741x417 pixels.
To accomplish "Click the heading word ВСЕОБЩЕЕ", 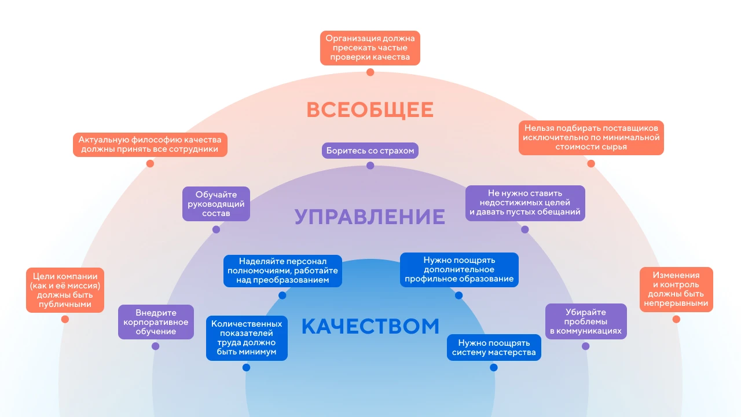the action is click(370, 110).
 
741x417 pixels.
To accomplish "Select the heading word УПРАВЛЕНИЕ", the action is click(370, 217).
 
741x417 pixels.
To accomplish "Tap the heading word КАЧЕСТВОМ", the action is click(370, 326).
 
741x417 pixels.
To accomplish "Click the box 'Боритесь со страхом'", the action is click(370, 151).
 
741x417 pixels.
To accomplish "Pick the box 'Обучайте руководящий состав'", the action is click(216, 204).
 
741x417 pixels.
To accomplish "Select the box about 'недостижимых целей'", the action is click(525, 203).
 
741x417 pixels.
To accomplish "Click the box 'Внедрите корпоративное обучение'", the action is click(156, 322).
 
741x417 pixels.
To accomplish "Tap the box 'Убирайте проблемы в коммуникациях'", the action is click(586, 321).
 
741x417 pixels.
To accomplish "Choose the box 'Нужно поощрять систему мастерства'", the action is click(494, 348).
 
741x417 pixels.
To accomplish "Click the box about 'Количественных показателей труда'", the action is click(247, 338).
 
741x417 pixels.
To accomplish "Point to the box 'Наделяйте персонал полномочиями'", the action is click(283, 270).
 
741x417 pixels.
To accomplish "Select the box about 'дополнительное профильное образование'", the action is click(459, 270).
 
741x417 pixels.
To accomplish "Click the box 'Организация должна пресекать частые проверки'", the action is click(370, 47).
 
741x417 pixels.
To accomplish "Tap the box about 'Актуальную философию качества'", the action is click(150, 145).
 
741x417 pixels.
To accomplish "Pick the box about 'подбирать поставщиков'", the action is click(591, 138).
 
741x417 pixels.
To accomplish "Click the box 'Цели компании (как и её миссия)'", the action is click(65, 290).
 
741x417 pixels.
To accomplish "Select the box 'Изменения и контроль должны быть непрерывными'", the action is click(676, 289).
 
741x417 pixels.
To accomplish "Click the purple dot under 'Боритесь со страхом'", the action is click(370, 166).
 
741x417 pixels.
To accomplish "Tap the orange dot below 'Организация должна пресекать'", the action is click(370, 72).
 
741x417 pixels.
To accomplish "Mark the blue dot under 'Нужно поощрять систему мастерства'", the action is click(494, 367).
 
